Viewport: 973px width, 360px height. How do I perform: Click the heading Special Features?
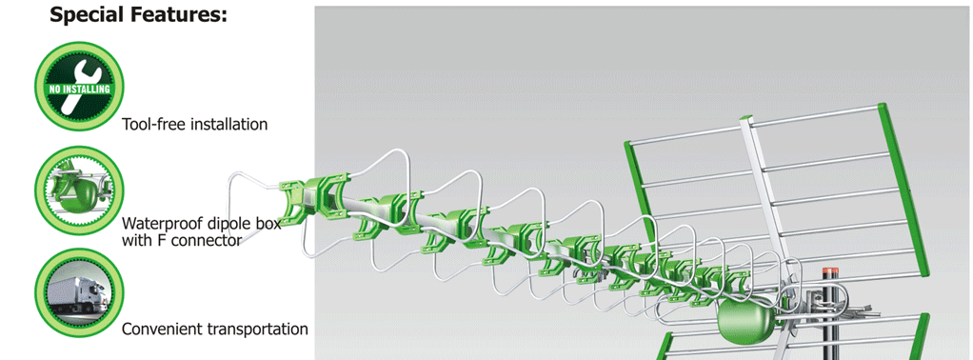coord(138,14)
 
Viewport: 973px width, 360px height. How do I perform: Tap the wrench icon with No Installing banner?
coord(79,87)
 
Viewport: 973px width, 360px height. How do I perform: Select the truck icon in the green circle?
coord(79,292)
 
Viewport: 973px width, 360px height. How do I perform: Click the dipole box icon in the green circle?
coord(79,190)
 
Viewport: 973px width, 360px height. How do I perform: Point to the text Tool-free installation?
coord(195,124)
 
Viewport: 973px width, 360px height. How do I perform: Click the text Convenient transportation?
coord(215,329)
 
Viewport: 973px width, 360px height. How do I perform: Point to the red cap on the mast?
coord(830,271)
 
